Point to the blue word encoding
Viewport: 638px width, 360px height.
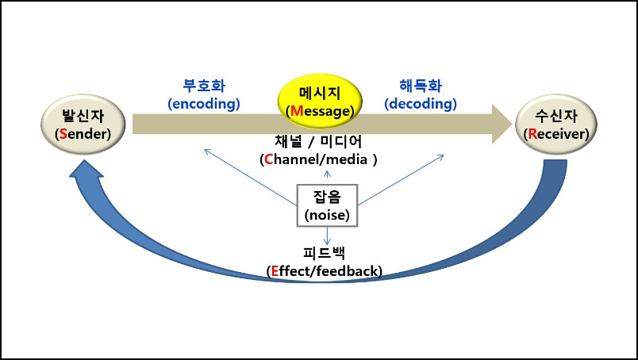pos(204,103)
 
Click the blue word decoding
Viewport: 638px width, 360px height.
pos(420,103)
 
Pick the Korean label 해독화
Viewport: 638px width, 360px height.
pos(420,86)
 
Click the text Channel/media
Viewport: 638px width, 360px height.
pos(318,159)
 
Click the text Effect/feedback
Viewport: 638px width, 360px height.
pos(325,271)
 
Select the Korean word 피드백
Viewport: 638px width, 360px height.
pos(325,254)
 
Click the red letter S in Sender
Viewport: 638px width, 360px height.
pos(60,133)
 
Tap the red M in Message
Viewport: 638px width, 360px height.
pos(297,111)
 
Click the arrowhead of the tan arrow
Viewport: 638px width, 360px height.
pos(501,124)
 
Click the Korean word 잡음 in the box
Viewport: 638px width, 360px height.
pos(327,197)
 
